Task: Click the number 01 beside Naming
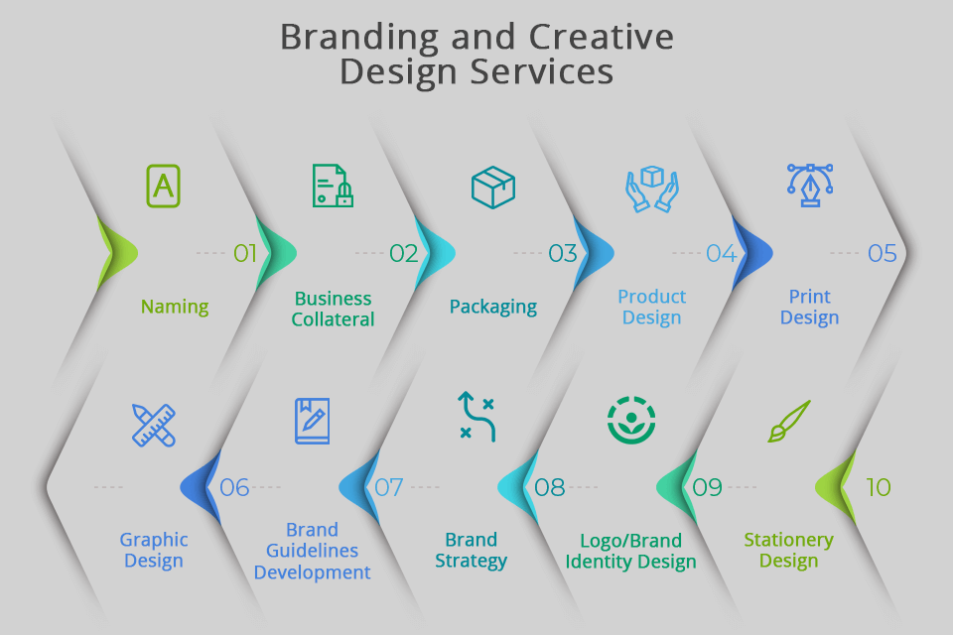click(x=245, y=254)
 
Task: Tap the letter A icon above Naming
click(x=164, y=186)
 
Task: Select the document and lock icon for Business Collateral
click(x=333, y=186)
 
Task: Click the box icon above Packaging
click(x=492, y=188)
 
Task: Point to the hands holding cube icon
click(x=651, y=188)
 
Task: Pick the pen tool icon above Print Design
click(x=810, y=186)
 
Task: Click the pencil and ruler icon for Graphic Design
click(x=154, y=424)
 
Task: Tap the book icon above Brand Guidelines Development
click(x=312, y=421)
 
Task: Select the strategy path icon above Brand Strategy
click(x=476, y=417)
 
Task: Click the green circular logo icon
click(x=631, y=420)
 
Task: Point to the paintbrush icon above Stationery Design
click(x=790, y=421)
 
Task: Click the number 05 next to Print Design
click(x=882, y=254)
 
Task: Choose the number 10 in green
click(x=878, y=487)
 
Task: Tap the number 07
click(x=388, y=488)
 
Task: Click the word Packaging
click(x=492, y=307)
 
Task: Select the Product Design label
click(x=651, y=308)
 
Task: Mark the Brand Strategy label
click(x=472, y=551)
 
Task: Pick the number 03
click(x=562, y=254)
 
